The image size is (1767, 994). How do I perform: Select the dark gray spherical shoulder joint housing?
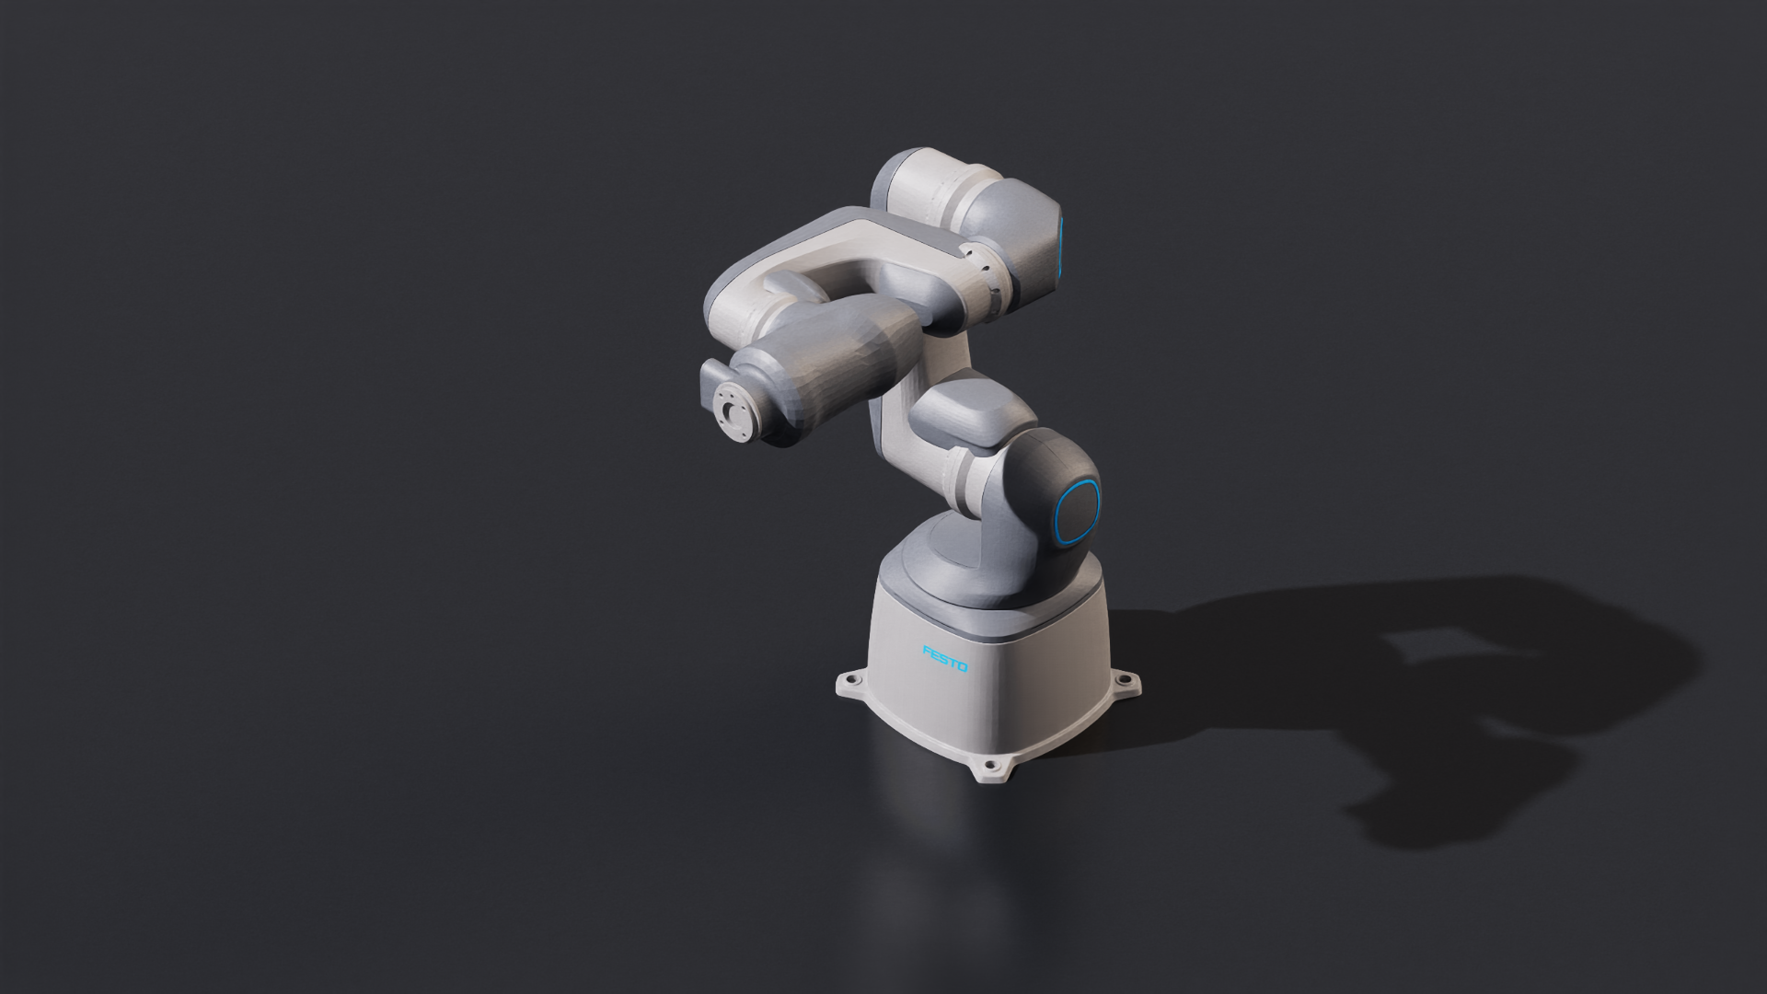pyautogui.click(x=1049, y=497)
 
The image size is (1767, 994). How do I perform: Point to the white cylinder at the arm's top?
pyautogui.click(x=930, y=189)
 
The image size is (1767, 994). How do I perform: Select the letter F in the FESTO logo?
pyautogui.click(x=928, y=651)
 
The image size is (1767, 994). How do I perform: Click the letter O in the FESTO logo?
pyautogui.click(x=963, y=666)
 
